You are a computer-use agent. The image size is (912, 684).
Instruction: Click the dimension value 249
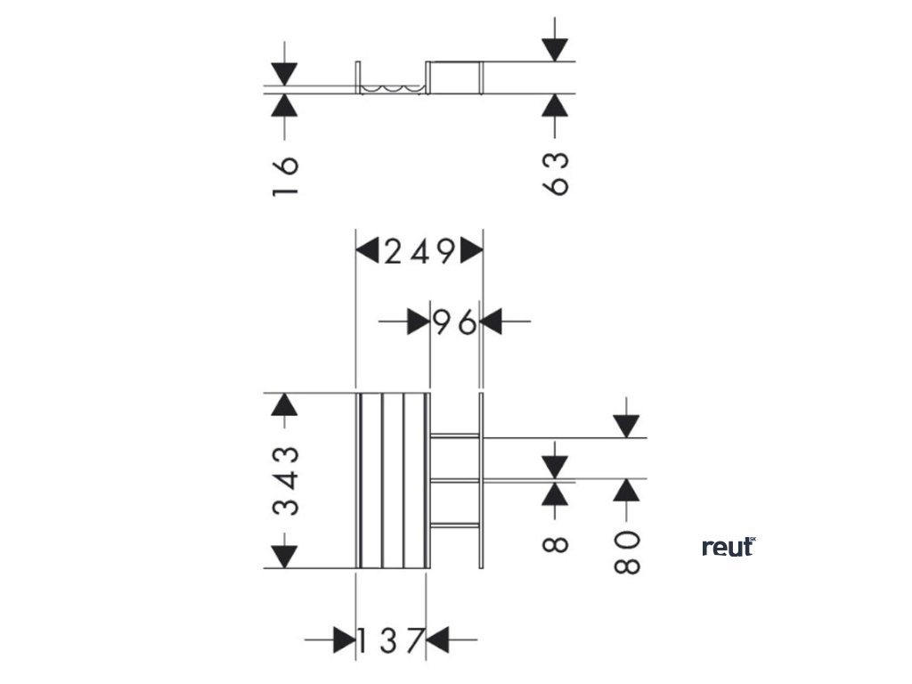tap(419, 252)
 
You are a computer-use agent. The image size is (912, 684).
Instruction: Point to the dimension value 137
tap(389, 639)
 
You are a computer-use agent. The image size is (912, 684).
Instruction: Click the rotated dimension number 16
tap(285, 177)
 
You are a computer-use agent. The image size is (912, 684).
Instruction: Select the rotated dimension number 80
tap(628, 552)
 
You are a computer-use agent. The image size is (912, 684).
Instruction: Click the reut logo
tap(728, 547)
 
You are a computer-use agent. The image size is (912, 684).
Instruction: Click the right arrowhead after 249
tap(471, 252)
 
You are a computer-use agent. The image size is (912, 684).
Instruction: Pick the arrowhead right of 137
tap(437, 639)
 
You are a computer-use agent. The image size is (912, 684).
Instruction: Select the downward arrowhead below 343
tap(283, 557)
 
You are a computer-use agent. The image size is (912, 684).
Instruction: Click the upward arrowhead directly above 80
tap(628, 490)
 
